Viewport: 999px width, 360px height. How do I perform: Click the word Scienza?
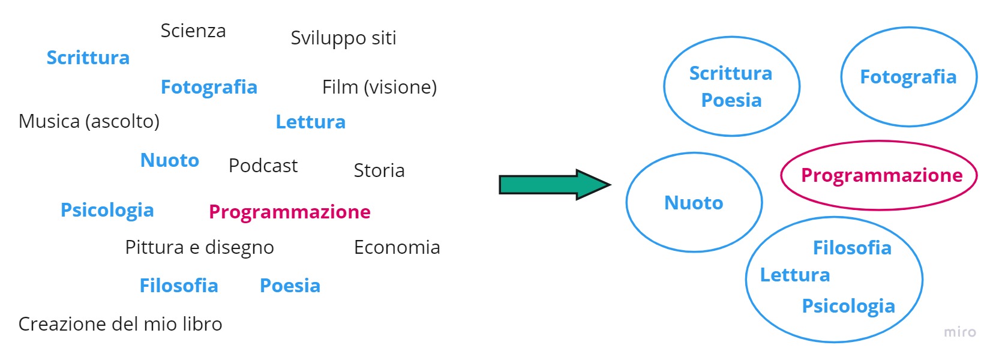pos(193,31)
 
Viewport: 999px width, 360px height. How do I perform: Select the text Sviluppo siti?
pos(343,38)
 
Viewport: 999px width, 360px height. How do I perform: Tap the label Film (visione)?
pos(379,88)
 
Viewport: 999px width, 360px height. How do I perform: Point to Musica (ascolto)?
pos(89,122)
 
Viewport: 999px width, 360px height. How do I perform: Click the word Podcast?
pos(263,166)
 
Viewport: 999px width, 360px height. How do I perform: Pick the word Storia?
pos(379,171)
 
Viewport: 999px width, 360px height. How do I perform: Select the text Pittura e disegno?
pos(199,248)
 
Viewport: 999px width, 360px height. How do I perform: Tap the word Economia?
pos(397,248)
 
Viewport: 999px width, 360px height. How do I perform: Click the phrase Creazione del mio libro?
pos(120,325)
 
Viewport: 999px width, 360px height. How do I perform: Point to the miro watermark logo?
pos(959,332)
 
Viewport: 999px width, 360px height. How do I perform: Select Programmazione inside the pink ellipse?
pos(881,176)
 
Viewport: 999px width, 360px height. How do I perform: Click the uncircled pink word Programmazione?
pos(289,212)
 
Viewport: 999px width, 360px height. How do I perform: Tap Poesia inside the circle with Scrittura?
pos(731,100)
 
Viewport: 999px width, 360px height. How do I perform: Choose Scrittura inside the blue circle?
pos(730,74)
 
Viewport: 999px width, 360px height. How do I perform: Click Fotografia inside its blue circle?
pos(908,77)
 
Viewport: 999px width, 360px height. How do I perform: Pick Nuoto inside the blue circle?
pos(694,203)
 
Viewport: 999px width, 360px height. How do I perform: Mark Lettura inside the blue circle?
pos(794,275)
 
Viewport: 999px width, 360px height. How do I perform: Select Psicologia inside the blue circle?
pos(848,306)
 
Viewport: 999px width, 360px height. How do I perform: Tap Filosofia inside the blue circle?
pos(852,248)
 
